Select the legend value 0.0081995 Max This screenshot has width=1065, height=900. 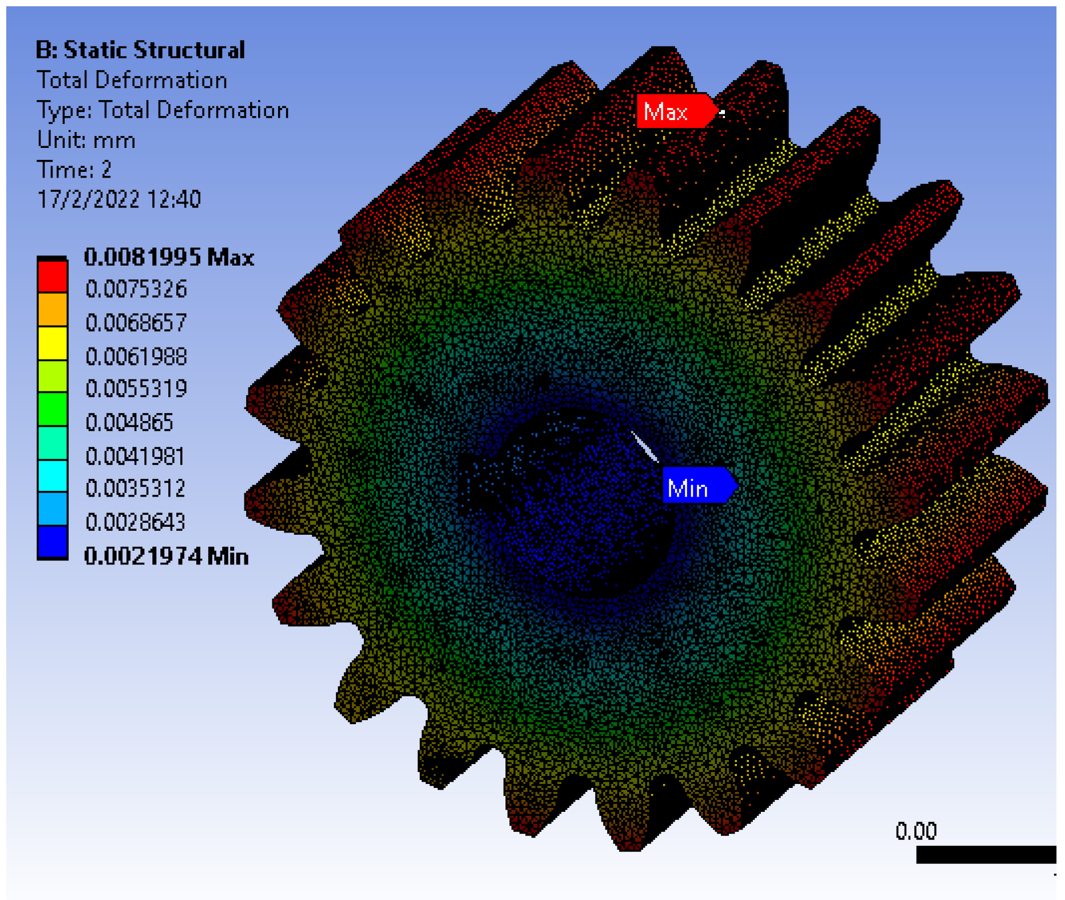[x=168, y=257]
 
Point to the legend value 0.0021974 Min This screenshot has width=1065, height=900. [x=166, y=556]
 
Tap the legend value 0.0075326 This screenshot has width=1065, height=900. [x=136, y=289]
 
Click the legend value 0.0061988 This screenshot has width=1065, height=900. [x=136, y=357]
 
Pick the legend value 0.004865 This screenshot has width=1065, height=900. [x=129, y=423]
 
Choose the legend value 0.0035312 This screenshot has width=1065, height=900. [x=135, y=488]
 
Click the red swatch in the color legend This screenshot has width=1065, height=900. [x=52, y=276]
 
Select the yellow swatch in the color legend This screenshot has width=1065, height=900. [x=52, y=342]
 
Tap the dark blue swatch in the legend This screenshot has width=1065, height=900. [x=52, y=541]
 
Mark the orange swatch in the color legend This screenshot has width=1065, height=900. [x=52, y=309]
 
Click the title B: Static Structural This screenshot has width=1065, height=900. [x=140, y=50]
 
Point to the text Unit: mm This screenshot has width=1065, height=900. [x=86, y=140]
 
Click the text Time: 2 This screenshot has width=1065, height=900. [x=74, y=170]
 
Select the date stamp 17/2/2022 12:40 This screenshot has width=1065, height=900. [x=118, y=199]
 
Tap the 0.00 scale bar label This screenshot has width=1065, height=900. [x=915, y=832]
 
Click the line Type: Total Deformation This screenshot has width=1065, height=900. [x=163, y=110]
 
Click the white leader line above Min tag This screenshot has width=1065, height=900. [x=645, y=447]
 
